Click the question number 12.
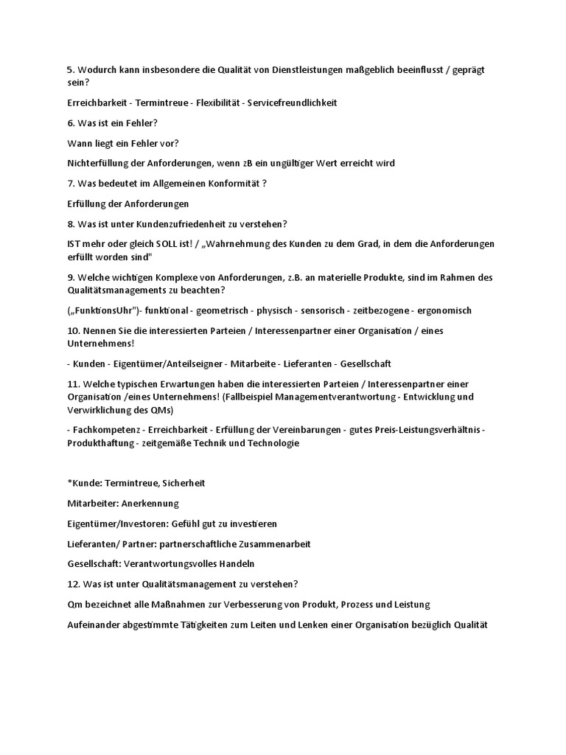(x=72, y=584)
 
